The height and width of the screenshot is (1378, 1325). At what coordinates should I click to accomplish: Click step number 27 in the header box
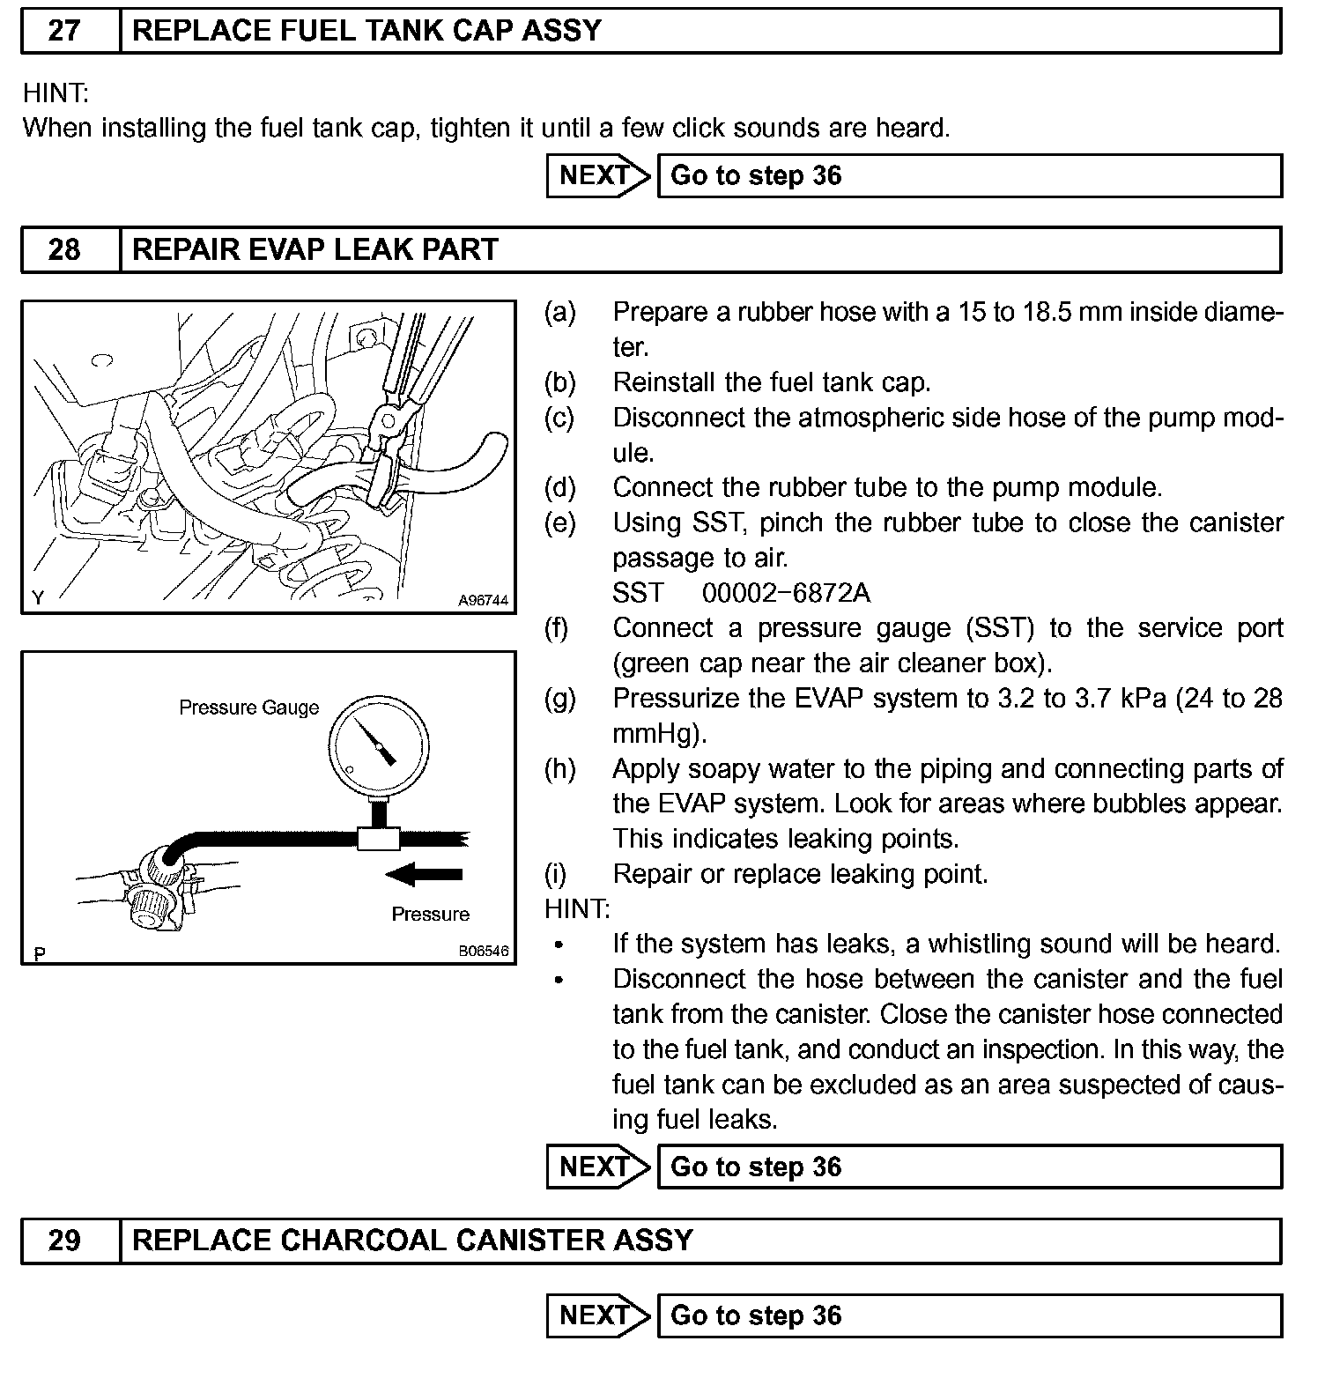64,31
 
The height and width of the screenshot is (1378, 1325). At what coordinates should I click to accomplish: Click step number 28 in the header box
64,249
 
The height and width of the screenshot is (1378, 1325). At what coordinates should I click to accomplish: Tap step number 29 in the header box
64,1241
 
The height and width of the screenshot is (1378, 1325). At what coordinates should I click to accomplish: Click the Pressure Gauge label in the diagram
248,708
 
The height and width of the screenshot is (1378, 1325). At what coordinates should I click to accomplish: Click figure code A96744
483,601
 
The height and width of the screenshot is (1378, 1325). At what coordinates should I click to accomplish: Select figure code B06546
483,952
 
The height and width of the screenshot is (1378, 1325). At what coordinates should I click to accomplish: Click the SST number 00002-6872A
786,593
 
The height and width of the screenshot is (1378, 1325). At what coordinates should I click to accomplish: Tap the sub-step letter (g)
559,699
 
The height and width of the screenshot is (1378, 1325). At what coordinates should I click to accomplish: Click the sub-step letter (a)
559,312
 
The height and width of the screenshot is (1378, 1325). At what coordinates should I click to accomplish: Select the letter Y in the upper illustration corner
38,597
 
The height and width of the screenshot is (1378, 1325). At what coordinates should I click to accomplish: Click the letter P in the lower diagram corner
39,953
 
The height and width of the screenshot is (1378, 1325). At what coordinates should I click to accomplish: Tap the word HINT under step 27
56,93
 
